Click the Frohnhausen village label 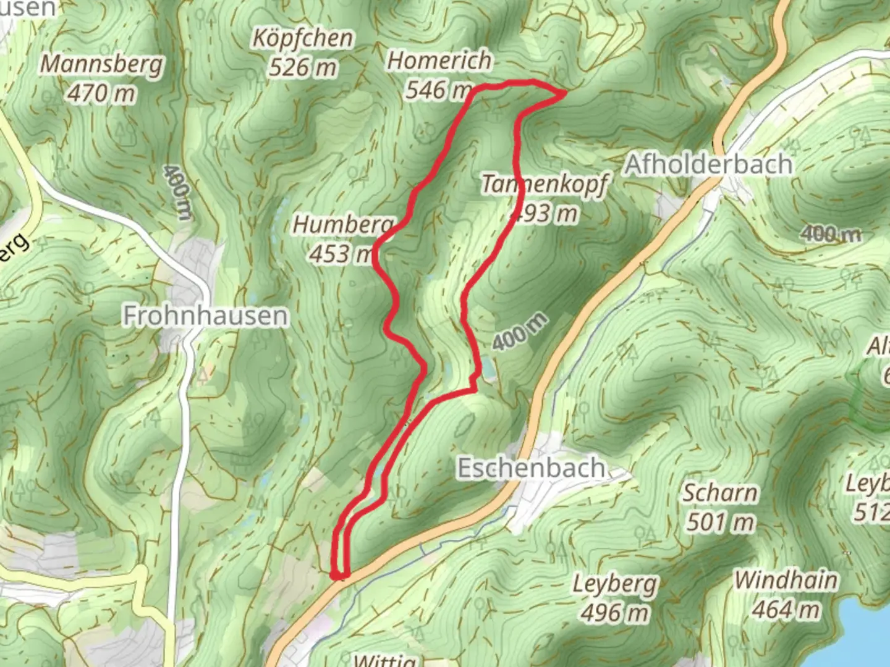[x=206, y=316]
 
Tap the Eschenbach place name [x=530, y=468]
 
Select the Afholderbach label [x=708, y=164]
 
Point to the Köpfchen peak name [x=302, y=38]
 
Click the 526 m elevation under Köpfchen [x=302, y=67]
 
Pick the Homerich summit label [x=439, y=61]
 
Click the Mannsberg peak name [x=103, y=64]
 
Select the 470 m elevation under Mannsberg [x=101, y=94]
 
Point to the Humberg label [x=342, y=225]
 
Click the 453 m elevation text [x=341, y=254]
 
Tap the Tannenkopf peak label [x=544, y=184]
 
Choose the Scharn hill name [x=720, y=493]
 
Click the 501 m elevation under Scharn [x=720, y=522]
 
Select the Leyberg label [x=615, y=584]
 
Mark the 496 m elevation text [x=615, y=613]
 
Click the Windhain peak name [x=786, y=581]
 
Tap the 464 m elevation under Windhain [x=786, y=610]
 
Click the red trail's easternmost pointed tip [x=565, y=94]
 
